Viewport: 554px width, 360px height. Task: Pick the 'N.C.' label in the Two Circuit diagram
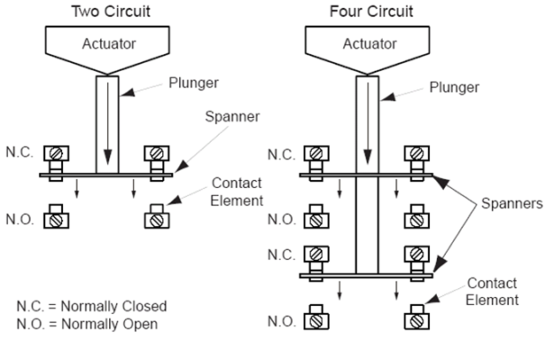click(20, 153)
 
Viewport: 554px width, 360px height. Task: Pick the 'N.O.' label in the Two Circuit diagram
click(20, 217)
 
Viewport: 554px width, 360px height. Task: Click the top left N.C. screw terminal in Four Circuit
click(316, 154)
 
